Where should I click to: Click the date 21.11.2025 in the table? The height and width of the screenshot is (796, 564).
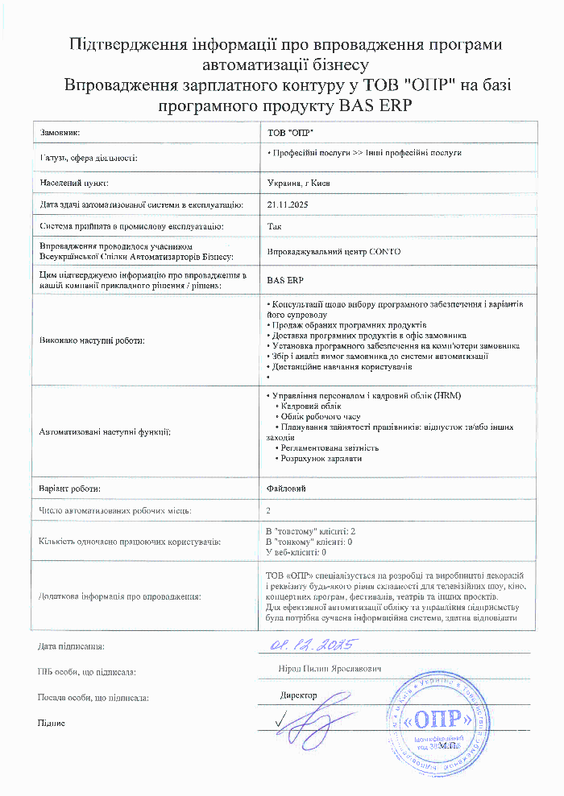[287, 205]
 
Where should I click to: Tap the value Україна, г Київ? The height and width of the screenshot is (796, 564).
[297, 184]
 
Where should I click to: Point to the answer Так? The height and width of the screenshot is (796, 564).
[274, 227]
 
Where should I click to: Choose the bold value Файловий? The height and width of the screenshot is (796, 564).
[286, 489]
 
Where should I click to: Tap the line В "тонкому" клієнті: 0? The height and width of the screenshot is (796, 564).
[309, 542]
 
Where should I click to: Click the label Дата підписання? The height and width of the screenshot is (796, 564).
[71, 646]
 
